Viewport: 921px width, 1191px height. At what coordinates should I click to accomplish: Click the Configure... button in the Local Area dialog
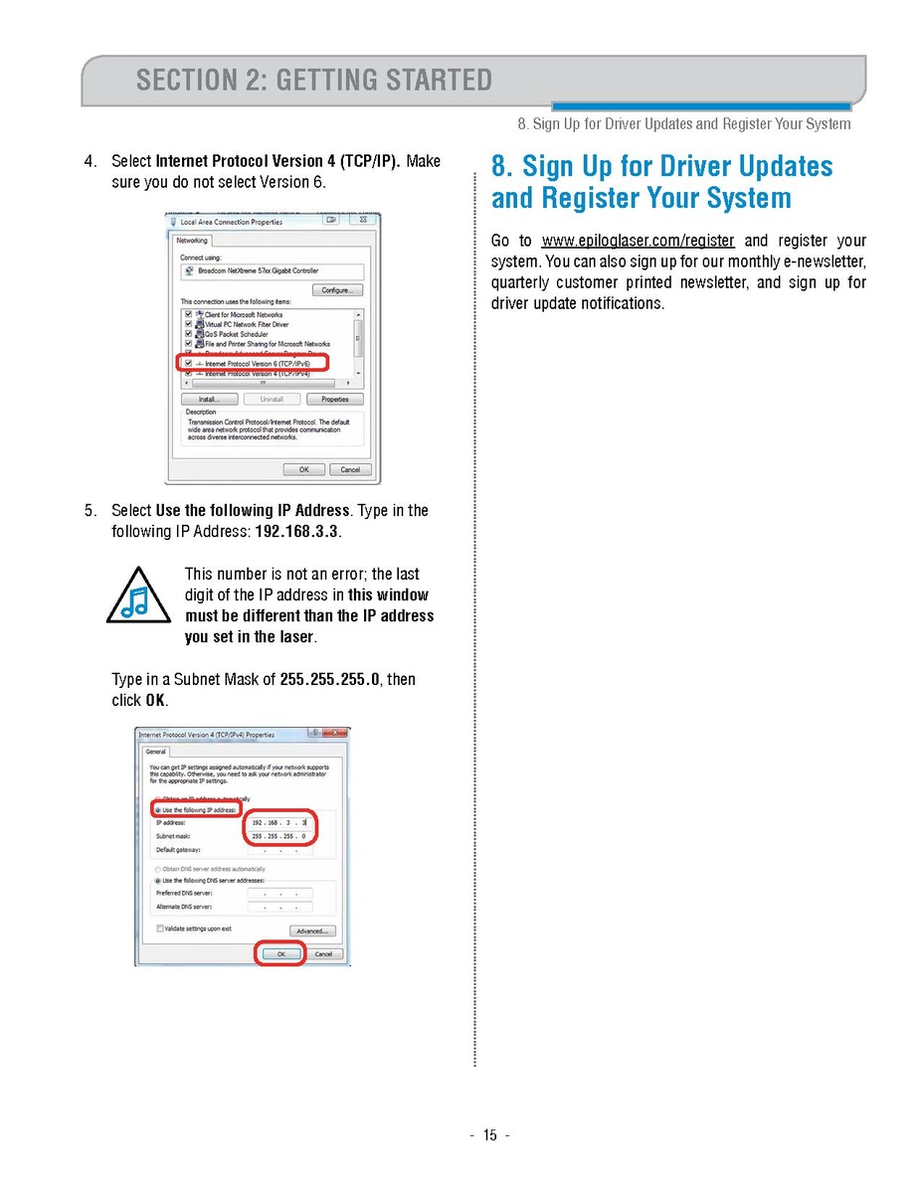[x=338, y=290]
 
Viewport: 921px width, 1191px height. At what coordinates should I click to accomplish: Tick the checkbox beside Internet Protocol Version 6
[x=188, y=364]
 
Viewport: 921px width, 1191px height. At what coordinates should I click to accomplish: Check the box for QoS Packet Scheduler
[x=188, y=334]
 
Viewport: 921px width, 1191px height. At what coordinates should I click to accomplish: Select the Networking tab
[x=192, y=241]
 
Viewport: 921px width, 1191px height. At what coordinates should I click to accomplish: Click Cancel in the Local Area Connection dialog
[x=350, y=469]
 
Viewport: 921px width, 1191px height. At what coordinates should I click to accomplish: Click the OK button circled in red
[x=280, y=953]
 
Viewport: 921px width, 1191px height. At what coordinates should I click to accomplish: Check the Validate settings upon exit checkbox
[x=160, y=929]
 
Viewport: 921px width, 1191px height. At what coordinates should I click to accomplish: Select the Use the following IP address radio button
[x=157, y=810]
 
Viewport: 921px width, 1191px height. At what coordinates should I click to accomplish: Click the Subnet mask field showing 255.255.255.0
[x=279, y=836]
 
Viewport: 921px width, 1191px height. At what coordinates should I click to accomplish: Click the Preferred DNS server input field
[x=279, y=893]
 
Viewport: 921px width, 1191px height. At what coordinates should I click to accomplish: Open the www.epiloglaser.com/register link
[x=638, y=241]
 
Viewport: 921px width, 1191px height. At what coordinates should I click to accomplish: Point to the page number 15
[x=489, y=1135]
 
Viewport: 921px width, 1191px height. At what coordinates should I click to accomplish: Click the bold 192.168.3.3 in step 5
[x=297, y=532]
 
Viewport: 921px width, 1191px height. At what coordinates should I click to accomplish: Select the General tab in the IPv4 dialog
[x=156, y=752]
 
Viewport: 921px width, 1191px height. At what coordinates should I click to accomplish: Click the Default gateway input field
[x=279, y=850]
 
